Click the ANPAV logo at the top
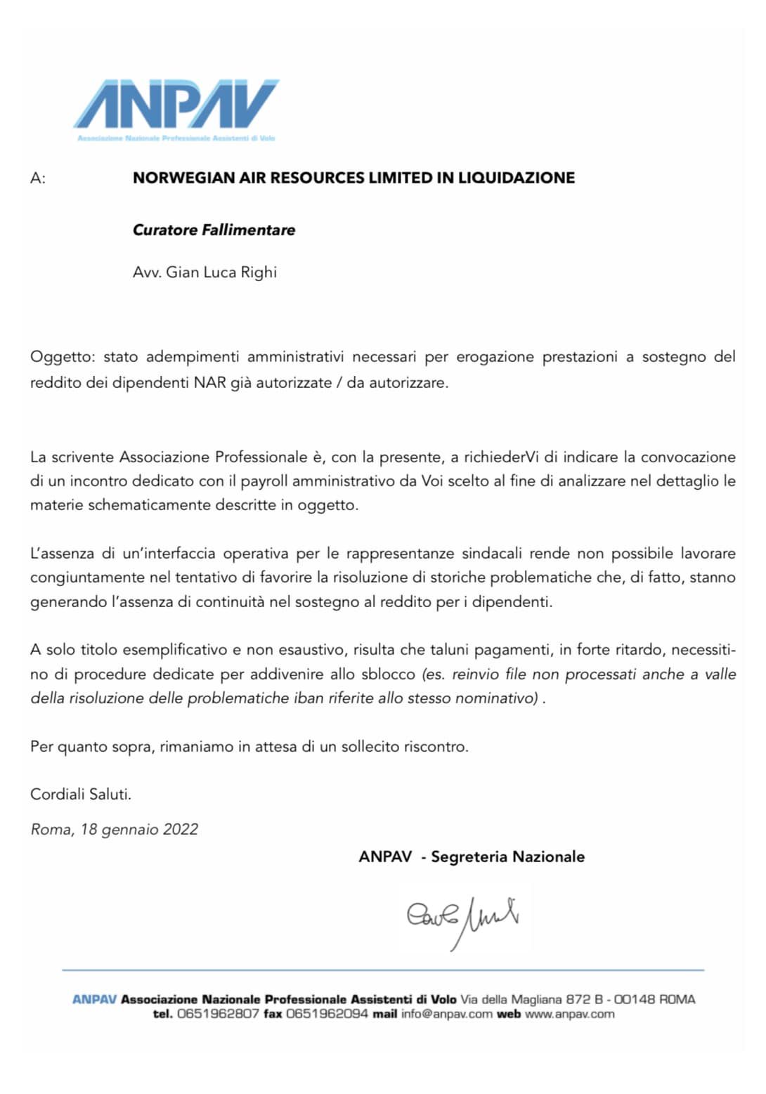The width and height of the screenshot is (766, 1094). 176,105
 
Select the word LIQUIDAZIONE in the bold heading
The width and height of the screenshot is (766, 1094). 517,178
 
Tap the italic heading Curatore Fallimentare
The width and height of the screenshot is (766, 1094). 214,230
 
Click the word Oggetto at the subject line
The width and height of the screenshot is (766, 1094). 61,357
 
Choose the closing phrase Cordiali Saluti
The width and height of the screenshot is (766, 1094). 81,795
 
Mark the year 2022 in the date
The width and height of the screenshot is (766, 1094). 181,830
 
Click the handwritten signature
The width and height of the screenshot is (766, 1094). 462,917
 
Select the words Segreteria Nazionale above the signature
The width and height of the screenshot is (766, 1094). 507,857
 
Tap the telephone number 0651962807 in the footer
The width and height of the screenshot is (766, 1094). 218,1014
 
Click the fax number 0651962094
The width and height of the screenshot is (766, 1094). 327,1014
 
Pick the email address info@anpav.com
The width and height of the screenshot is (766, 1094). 447,1014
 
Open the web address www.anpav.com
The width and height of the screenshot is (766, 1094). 569,1014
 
